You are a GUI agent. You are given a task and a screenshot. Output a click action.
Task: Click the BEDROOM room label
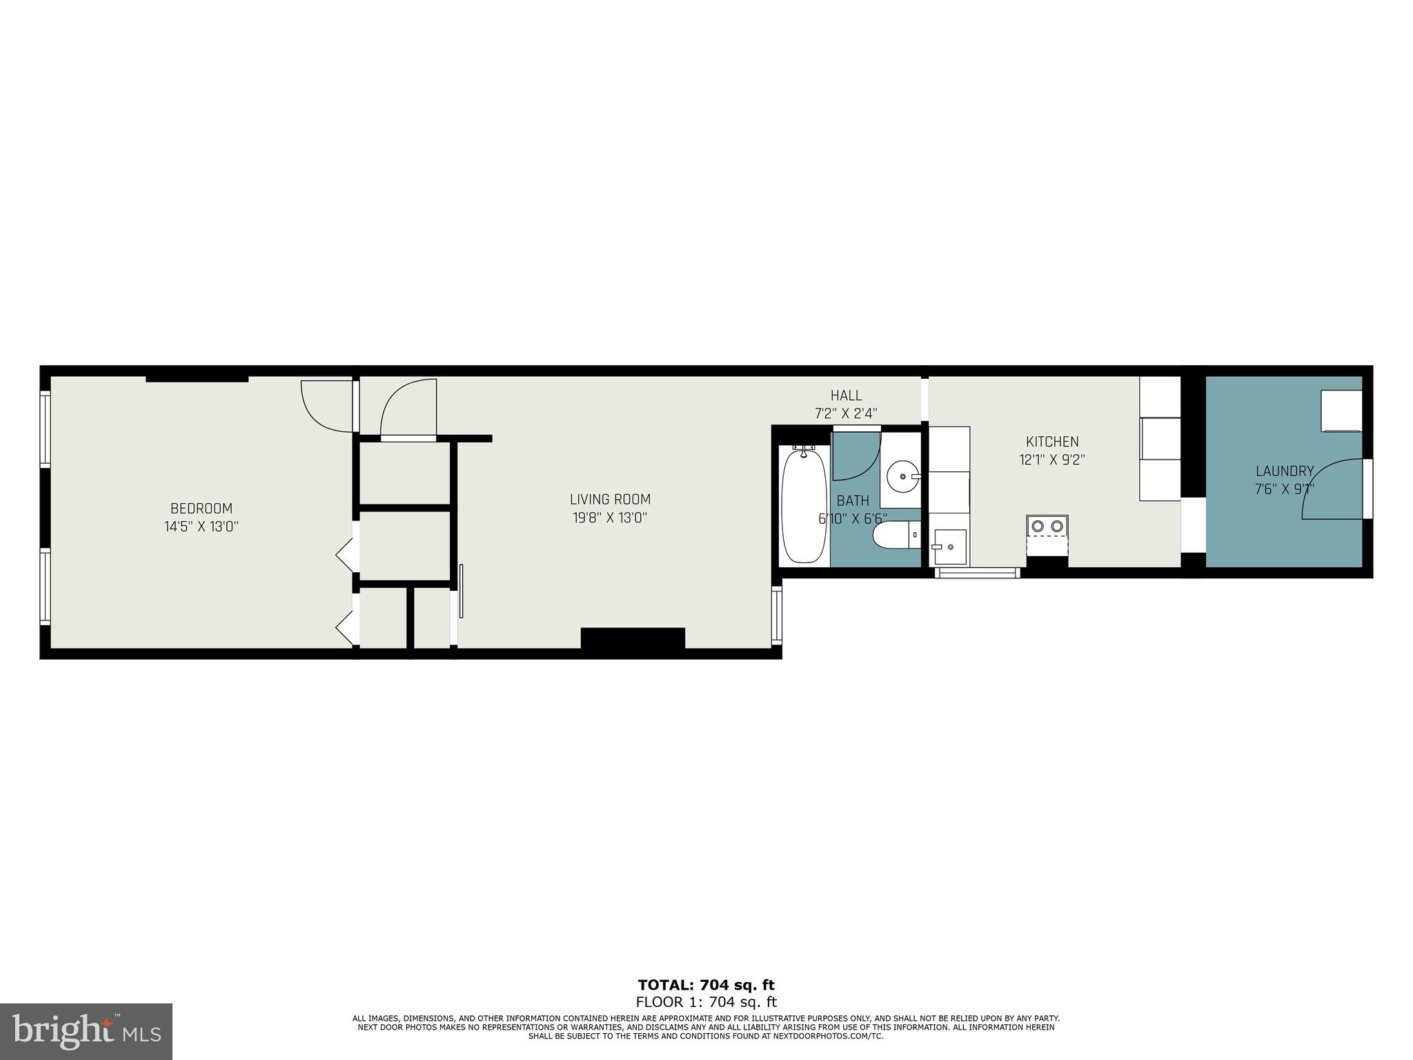[201, 509]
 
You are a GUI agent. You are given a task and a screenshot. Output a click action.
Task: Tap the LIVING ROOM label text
[610, 499]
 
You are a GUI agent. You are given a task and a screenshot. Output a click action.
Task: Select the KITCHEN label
[1051, 442]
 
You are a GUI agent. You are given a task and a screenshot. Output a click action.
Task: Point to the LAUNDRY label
[1284, 471]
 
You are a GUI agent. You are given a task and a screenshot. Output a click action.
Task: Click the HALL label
[846, 395]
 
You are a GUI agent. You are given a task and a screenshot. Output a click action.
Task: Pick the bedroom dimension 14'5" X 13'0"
[201, 527]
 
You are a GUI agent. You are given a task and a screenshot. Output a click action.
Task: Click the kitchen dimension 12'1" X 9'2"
[1052, 460]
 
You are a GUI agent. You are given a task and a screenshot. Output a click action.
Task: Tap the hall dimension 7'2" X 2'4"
[846, 413]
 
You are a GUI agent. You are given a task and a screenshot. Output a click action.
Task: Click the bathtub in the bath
[804, 505]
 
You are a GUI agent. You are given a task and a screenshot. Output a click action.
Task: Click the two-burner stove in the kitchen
[1047, 526]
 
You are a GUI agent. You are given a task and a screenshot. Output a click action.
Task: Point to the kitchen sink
[949, 547]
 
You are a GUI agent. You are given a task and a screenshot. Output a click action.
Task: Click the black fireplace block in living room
[633, 638]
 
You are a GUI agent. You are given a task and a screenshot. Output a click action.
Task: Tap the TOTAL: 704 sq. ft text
[706, 985]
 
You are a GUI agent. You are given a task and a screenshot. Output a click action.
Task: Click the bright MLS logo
[86, 1032]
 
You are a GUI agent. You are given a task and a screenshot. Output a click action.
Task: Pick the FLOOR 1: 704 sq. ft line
[706, 1001]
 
